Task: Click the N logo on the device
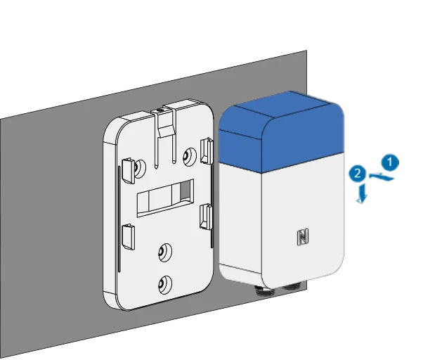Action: tap(303, 237)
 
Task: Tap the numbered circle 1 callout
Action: tap(390, 162)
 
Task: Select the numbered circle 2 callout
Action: tap(357, 174)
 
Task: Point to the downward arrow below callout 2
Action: tap(362, 193)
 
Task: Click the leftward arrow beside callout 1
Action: tap(381, 177)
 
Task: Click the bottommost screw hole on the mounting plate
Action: tap(164, 285)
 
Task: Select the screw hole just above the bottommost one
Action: tap(165, 252)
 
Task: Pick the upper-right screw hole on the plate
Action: tap(190, 155)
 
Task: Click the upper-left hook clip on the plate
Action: tap(129, 171)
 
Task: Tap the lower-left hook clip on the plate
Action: tap(128, 237)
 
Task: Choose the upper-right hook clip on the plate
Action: tap(207, 150)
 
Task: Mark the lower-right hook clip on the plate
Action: tap(206, 217)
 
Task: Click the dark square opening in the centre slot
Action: tap(185, 191)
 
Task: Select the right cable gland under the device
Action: tap(293, 285)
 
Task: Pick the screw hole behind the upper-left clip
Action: tap(140, 168)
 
